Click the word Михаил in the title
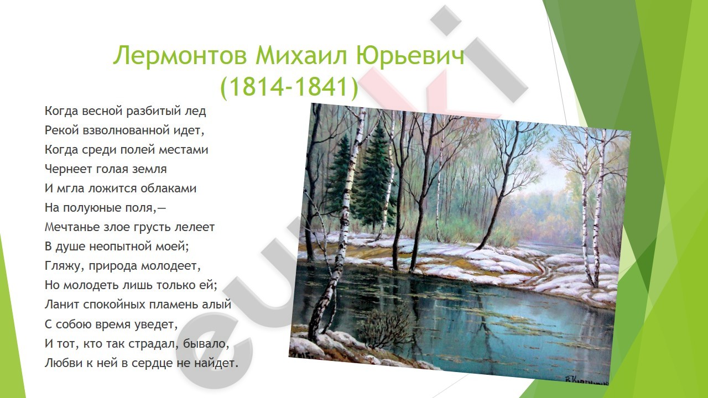[301, 55]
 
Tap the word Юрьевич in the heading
[410, 56]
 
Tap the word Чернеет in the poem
[67, 169]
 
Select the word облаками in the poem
[169, 188]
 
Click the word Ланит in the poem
[61, 305]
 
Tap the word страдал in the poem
[154, 344]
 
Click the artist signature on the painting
[587, 381]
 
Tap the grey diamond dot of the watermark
[446, 20]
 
